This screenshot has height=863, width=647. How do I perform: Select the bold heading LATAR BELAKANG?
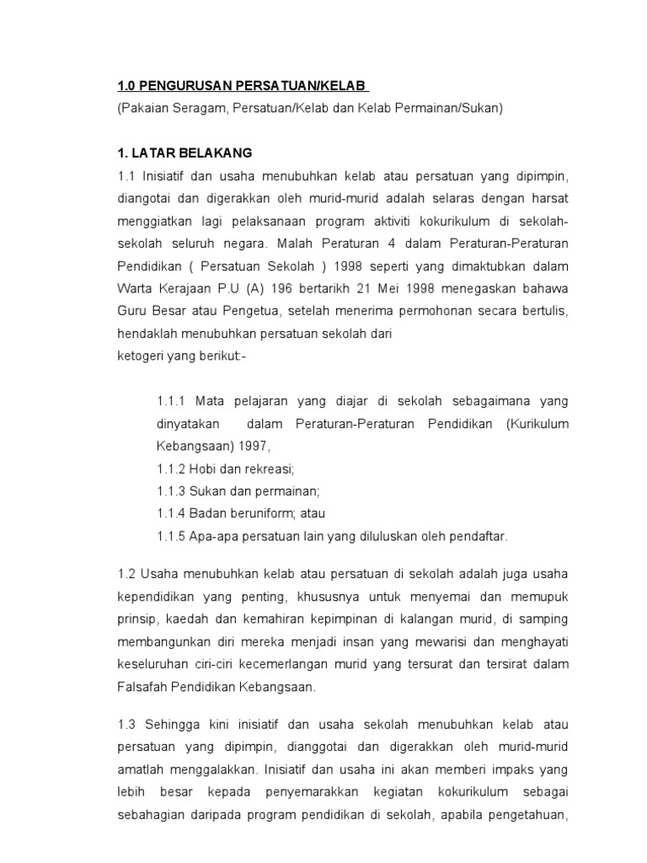tap(190, 153)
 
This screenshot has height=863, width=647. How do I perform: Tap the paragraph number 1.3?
tap(126, 724)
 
